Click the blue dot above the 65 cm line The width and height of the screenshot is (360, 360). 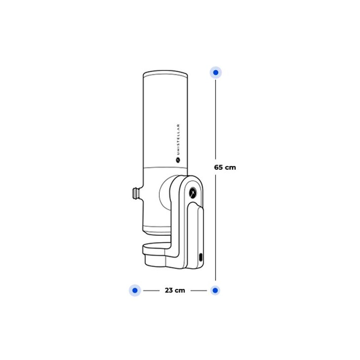(x=216, y=72)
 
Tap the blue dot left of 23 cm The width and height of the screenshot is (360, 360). (x=135, y=290)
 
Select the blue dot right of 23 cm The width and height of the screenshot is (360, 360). (x=215, y=290)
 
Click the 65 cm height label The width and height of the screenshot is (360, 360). (x=225, y=167)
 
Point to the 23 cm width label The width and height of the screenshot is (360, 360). (x=175, y=290)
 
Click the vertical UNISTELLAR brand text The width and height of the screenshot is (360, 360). (x=178, y=139)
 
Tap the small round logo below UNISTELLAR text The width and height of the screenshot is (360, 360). (x=178, y=160)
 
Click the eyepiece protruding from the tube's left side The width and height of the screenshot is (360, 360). (x=137, y=193)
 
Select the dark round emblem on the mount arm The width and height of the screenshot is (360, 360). (x=193, y=193)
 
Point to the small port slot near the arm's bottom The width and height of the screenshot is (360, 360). (x=201, y=257)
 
